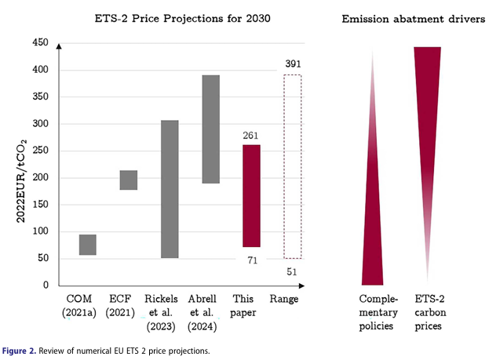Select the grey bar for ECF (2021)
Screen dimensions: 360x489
tap(128, 180)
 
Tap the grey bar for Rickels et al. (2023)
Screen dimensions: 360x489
tap(169, 188)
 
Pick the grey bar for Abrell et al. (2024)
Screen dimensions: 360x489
tap(210, 129)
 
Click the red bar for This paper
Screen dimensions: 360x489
tap(251, 196)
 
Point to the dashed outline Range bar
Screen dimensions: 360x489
tap(292, 166)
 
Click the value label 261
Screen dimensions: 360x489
tap(251, 136)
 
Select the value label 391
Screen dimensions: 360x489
tap(292, 64)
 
